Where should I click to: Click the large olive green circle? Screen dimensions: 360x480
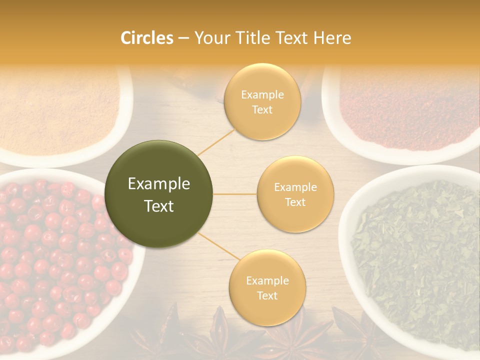[x=159, y=194]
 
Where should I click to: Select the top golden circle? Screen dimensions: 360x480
[x=262, y=101]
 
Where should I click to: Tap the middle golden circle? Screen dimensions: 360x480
[x=295, y=194]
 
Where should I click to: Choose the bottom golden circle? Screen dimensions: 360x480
[x=267, y=287]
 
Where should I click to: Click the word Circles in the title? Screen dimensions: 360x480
[x=147, y=38]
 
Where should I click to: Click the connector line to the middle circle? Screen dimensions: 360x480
[x=235, y=194]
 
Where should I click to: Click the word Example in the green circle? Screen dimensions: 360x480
[x=159, y=184]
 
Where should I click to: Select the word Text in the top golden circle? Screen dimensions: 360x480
[x=262, y=109]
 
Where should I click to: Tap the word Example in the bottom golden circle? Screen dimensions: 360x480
[x=267, y=281]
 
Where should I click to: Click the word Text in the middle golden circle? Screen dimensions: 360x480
[x=295, y=202]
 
